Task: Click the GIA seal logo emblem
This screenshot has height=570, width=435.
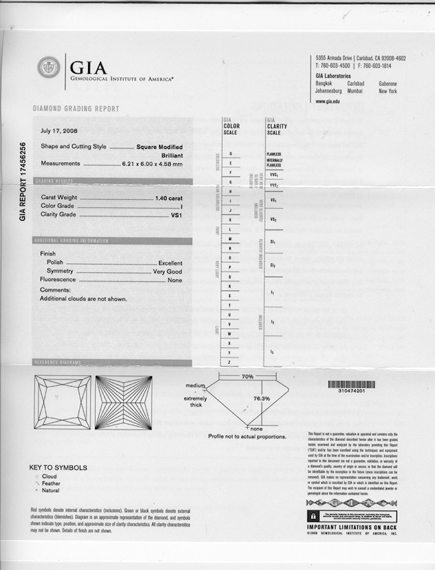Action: (49, 68)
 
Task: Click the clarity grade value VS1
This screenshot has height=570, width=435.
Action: (176, 215)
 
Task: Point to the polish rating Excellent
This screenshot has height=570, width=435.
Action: (170, 263)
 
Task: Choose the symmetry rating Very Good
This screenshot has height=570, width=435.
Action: (167, 272)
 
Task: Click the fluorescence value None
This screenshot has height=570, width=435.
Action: (175, 281)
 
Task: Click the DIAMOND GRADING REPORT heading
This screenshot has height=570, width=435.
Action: (76, 109)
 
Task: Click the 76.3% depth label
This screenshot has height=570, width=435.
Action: (262, 398)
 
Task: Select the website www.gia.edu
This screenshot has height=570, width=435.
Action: (328, 101)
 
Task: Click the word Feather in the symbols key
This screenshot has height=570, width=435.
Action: (52, 484)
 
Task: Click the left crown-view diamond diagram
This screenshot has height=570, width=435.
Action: (62, 401)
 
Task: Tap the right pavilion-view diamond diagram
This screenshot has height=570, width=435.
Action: (123, 401)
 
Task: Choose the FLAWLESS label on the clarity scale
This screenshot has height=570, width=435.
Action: (273, 154)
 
